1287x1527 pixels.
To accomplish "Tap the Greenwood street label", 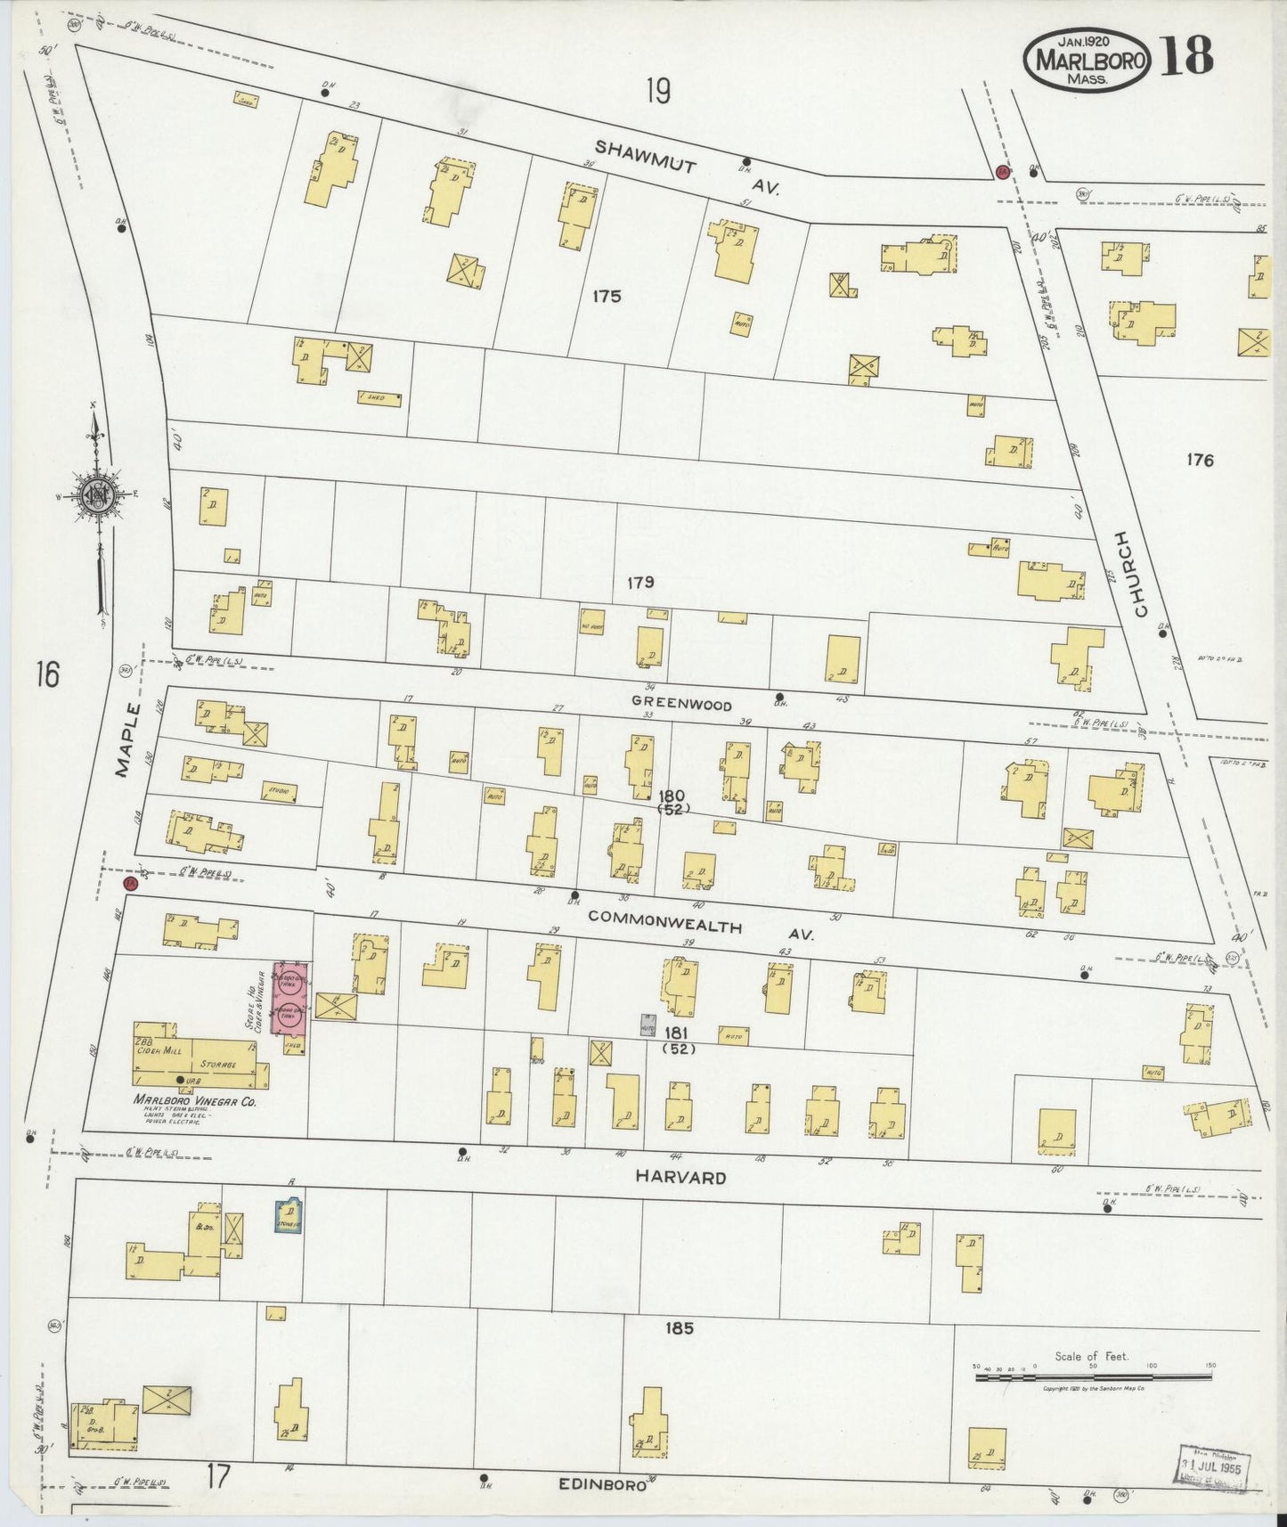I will [681, 704].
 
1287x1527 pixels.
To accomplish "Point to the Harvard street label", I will [680, 1177].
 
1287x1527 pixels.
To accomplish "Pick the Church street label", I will [1130, 574].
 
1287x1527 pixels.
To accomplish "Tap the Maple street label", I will [129, 739].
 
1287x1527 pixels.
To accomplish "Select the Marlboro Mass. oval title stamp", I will [1087, 61].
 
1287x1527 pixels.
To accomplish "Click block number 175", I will [607, 297].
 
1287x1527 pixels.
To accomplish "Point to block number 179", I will [639, 583].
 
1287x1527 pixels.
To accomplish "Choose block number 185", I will [678, 1328].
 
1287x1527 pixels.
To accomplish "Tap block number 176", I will [1200, 461].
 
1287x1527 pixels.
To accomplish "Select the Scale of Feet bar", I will [1093, 1377].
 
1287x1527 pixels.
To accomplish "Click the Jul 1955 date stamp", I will [1215, 1465].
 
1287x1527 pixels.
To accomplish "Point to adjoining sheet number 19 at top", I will [658, 91].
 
